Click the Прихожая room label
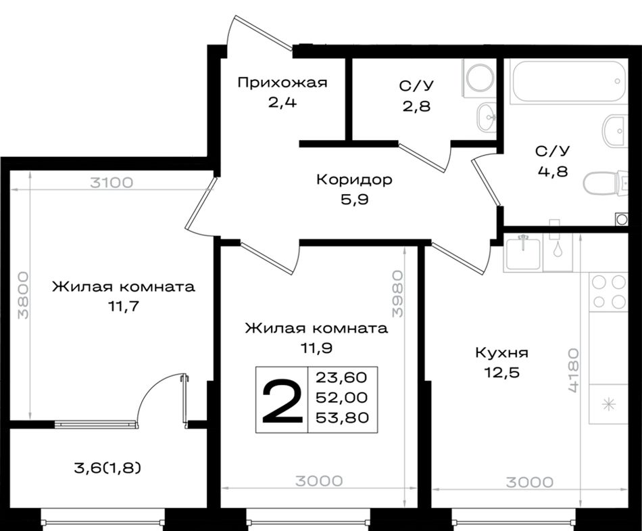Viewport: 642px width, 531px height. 282,83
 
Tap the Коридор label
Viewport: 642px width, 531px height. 355,179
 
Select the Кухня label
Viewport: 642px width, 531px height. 501,353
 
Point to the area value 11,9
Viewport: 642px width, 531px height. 316,348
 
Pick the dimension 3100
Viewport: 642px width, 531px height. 112,183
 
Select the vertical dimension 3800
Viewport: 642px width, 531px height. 23,295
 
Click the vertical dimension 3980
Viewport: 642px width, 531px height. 397,294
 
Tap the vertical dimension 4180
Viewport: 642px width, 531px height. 573,371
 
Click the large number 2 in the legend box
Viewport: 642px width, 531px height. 282,400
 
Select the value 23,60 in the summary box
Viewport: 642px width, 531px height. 341,377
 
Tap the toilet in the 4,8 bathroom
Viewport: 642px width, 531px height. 605,183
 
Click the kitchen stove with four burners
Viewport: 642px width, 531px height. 608,292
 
